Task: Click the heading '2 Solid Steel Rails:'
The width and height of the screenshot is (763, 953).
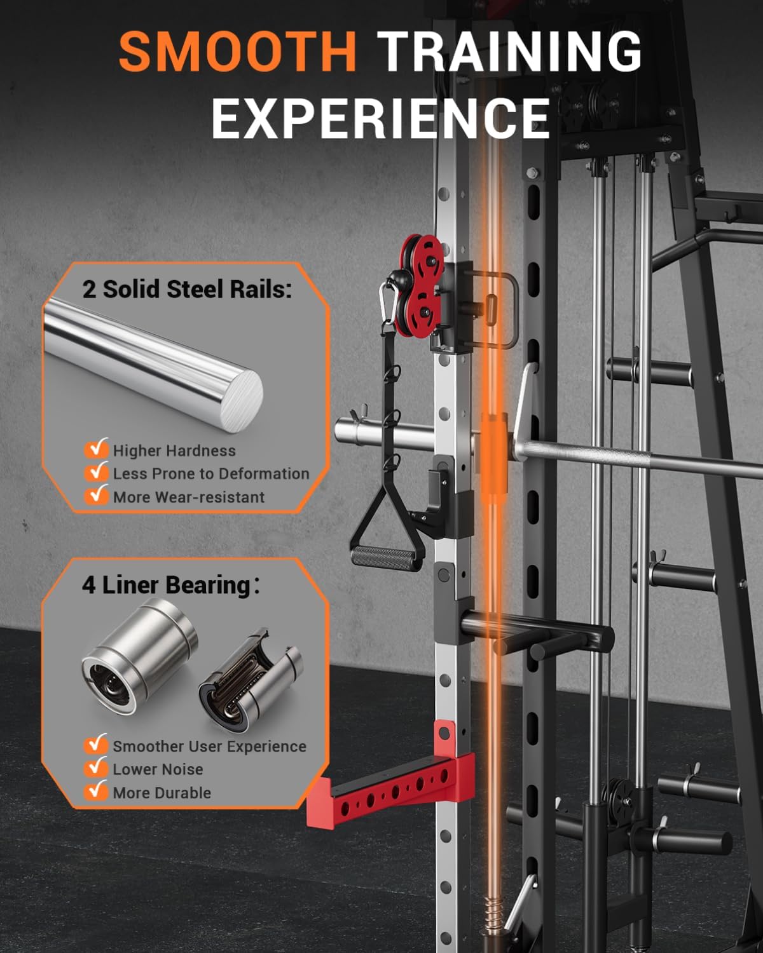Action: pyautogui.click(x=187, y=290)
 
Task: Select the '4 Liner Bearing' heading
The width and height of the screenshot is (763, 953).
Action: pyautogui.click(x=167, y=585)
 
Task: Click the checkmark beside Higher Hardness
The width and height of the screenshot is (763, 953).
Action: pyautogui.click(x=96, y=449)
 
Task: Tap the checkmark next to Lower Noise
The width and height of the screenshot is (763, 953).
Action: pyautogui.click(x=96, y=768)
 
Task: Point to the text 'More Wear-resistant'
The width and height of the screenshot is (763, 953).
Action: pyautogui.click(x=188, y=497)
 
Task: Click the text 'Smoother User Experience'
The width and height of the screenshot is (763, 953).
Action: pyautogui.click(x=209, y=746)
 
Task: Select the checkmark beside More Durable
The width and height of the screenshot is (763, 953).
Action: pyautogui.click(x=96, y=791)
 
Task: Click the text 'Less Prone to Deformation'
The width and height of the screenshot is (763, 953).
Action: pyautogui.click(x=211, y=473)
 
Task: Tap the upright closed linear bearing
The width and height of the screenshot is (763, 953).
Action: pyautogui.click(x=139, y=646)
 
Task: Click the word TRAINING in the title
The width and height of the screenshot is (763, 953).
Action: pyautogui.click(x=509, y=51)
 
